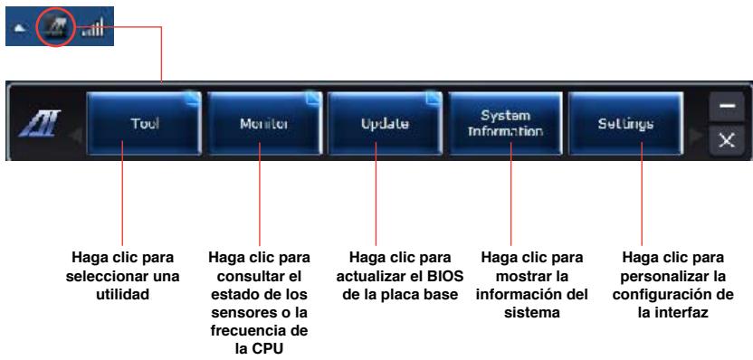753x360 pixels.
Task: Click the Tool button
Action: [x=139, y=123]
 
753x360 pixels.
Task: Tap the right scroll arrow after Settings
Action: [x=692, y=124]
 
